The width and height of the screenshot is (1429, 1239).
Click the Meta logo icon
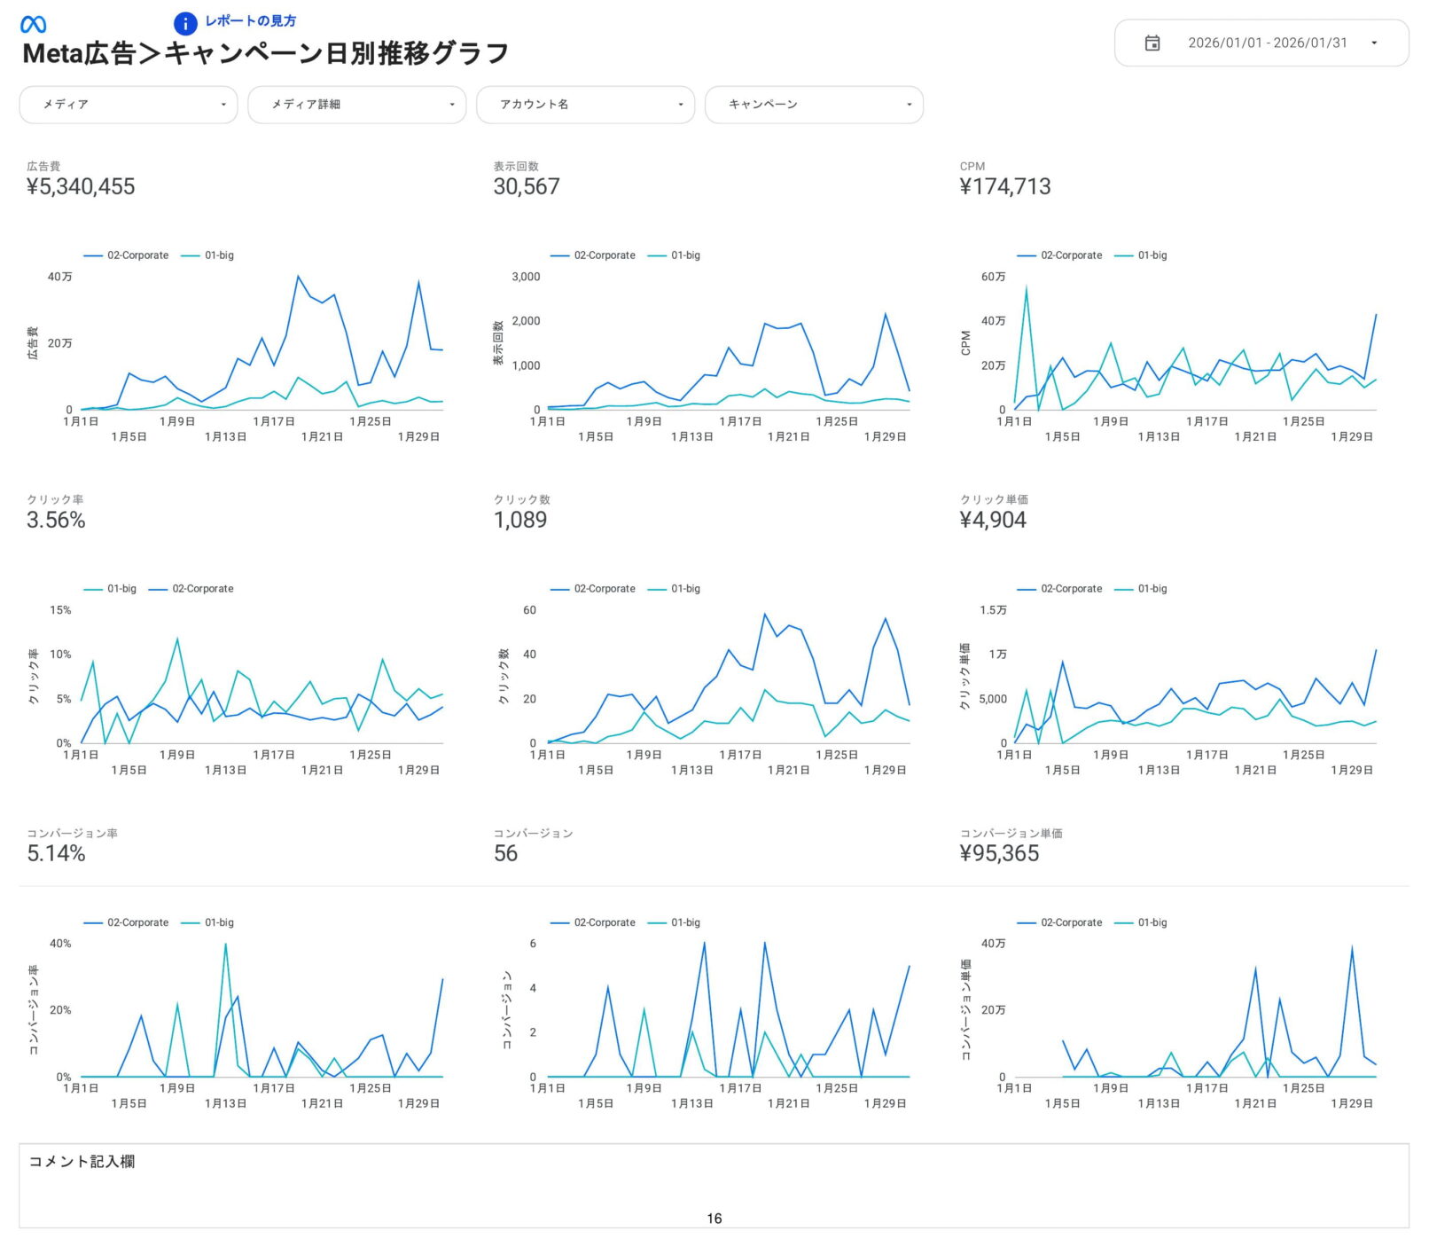pyautogui.click(x=33, y=25)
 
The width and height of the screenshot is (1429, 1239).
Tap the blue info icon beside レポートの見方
pyautogui.click(x=184, y=24)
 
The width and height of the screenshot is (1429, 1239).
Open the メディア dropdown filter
pyautogui.click(x=129, y=105)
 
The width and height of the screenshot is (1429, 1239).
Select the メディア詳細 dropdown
pyautogui.click(x=356, y=105)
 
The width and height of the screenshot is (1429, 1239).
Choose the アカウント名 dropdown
pyautogui.click(x=585, y=105)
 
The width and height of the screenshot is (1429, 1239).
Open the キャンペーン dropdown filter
pyautogui.click(x=814, y=105)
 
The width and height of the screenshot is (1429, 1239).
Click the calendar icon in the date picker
pyautogui.click(x=1152, y=43)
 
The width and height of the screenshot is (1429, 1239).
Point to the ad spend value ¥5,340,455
pyautogui.click(x=81, y=186)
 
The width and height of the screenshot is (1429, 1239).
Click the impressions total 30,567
pyautogui.click(x=527, y=186)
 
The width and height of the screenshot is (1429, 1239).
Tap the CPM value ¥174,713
pyautogui.click(x=1005, y=186)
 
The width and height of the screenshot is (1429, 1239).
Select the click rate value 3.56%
pyautogui.click(x=56, y=520)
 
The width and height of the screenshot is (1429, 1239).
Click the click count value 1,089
pyautogui.click(x=520, y=520)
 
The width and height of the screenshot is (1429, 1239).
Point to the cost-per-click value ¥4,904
pyautogui.click(x=993, y=520)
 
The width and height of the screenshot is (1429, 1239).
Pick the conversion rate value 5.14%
pyautogui.click(x=56, y=853)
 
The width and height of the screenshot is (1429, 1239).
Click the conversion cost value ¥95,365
pyautogui.click(x=999, y=853)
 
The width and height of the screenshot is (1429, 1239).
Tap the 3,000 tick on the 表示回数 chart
pyautogui.click(x=526, y=277)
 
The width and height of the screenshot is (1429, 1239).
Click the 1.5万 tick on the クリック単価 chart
pyautogui.click(x=993, y=610)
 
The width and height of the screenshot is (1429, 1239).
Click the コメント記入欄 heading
pyautogui.click(x=82, y=1162)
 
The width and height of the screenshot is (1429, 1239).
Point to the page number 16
pyautogui.click(x=714, y=1219)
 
